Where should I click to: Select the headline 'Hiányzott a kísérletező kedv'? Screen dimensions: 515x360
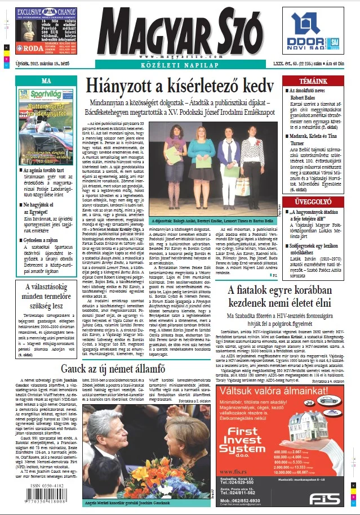pyautogui.click(x=180, y=87)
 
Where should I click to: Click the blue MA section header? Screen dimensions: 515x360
pyautogui.click(x=47, y=81)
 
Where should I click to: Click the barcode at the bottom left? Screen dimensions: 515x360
pyautogui.click(x=39, y=496)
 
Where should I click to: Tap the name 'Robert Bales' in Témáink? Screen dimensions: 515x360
pyautogui.click(x=306, y=96)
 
